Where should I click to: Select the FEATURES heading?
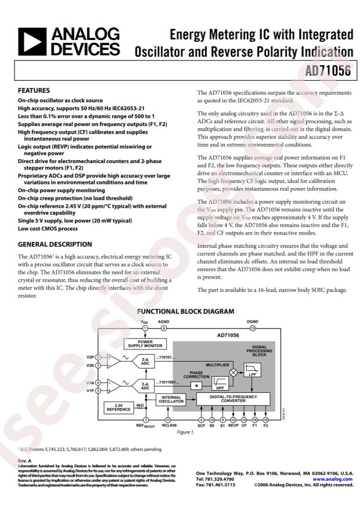[x=34, y=91]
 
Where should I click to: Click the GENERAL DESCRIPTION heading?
[x=55, y=244]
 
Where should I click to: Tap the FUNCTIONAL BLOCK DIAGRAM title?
[x=185, y=312]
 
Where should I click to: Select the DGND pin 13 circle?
[x=253, y=328]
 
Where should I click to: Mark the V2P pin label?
[x=90, y=357]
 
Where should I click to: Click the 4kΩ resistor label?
[x=139, y=405]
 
